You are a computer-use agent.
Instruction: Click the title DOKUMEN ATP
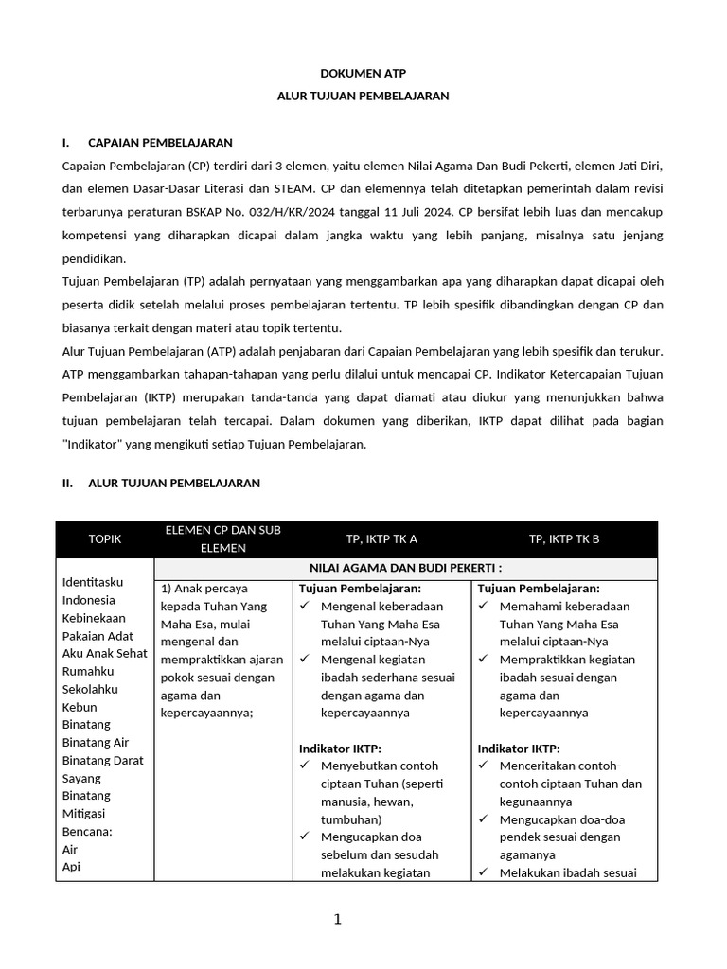tap(363, 73)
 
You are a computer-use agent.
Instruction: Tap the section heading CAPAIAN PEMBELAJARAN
tap(160, 143)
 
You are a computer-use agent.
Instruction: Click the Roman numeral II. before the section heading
tap(67, 483)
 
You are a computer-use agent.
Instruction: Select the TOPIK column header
tap(105, 539)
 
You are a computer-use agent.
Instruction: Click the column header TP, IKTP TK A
tap(381, 539)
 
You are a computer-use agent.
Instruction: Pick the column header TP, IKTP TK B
tap(564, 539)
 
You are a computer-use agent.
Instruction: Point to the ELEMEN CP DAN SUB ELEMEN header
tap(223, 538)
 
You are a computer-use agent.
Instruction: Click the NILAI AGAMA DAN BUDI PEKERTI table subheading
tap(406, 568)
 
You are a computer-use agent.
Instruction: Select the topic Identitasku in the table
tap(93, 582)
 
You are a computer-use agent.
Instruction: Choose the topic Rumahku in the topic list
tap(88, 671)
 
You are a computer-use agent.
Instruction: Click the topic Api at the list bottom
tap(70, 867)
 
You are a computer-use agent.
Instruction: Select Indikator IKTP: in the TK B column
tap(519, 749)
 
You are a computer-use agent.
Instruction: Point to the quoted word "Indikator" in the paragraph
tap(99, 444)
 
